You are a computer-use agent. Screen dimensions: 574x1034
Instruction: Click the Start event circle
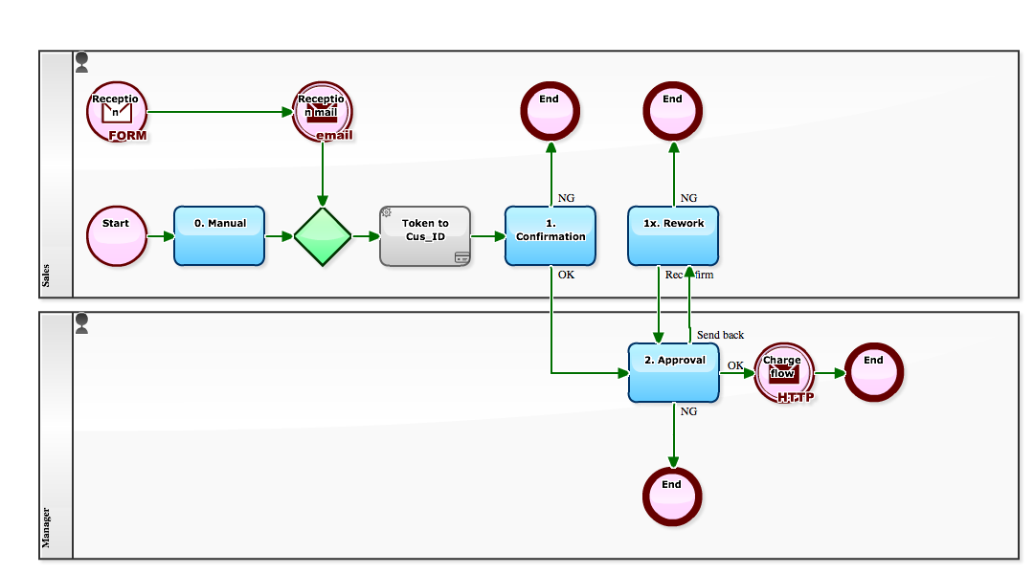click(x=116, y=235)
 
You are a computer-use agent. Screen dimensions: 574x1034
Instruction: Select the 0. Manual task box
click(x=219, y=235)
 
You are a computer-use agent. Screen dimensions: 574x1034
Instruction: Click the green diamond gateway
click(x=323, y=236)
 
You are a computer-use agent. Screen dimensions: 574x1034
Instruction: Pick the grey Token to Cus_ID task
click(x=425, y=235)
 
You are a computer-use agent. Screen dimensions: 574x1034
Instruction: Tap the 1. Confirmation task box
click(x=551, y=235)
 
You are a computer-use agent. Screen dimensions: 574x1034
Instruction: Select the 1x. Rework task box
click(x=673, y=235)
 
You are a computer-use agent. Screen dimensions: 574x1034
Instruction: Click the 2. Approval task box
click(x=673, y=372)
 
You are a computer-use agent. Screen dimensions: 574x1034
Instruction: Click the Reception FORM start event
click(x=116, y=111)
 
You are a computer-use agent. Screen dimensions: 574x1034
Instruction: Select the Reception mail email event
click(x=323, y=111)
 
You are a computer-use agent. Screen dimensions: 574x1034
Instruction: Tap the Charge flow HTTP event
click(x=783, y=372)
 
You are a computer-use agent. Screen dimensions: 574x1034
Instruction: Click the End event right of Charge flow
click(x=873, y=372)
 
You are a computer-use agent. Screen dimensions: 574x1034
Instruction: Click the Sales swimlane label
click(x=46, y=276)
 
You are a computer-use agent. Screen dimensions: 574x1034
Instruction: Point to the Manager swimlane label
click(x=46, y=527)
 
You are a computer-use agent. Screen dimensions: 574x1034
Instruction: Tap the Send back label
click(x=720, y=335)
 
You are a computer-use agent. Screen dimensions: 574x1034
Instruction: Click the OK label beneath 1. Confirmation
click(x=566, y=275)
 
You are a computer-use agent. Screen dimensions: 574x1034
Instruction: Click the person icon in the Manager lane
click(x=81, y=323)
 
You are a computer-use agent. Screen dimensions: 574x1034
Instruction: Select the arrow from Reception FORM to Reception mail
click(x=220, y=112)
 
